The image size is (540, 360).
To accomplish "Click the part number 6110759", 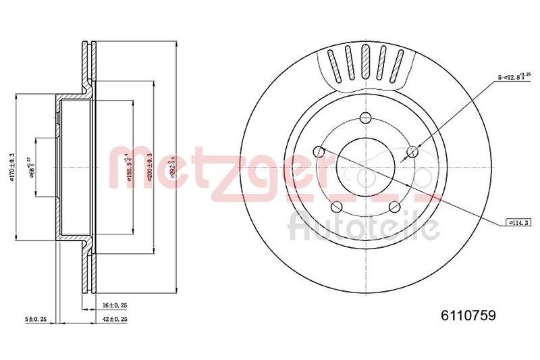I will click(x=469, y=314).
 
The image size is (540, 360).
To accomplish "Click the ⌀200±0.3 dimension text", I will click(x=148, y=166).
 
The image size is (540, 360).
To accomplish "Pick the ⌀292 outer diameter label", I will click(x=173, y=165).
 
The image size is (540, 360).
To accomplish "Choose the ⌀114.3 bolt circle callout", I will click(x=518, y=222).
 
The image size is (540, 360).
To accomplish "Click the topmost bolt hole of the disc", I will click(x=366, y=115).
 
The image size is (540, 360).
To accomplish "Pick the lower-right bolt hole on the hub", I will click(x=395, y=205).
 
